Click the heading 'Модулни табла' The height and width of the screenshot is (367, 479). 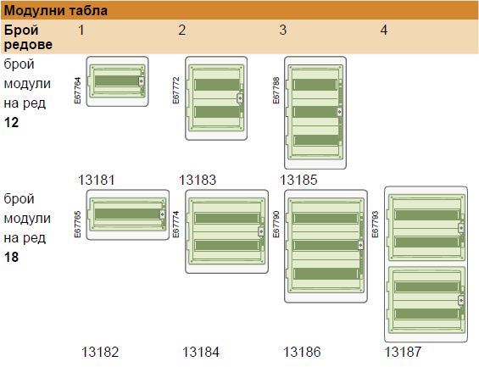(56, 11)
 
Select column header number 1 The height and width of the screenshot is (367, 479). (81, 30)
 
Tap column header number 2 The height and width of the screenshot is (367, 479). (181, 30)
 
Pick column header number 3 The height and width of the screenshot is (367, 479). (283, 30)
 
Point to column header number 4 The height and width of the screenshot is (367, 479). (384, 30)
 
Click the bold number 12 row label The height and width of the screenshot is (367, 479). (11, 123)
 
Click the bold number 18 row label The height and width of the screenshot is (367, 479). (11, 257)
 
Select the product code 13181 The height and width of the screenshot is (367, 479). (97, 180)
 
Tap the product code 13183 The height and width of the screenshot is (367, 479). (198, 180)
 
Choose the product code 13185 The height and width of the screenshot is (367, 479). (298, 180)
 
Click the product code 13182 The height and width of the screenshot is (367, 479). (100, 352)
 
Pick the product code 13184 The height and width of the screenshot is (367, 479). (201, 352)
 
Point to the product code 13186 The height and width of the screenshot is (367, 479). (302, 352)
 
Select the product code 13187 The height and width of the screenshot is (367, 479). (403, 352)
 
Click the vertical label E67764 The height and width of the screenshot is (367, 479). (78, 91)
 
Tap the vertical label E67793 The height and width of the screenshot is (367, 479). (375, 224)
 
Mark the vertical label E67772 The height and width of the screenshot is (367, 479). (176, 91)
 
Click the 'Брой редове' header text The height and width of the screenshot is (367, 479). (28, 37)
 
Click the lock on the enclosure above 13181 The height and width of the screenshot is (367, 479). (141, 81)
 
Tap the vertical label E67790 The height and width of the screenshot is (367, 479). (276, 224)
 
